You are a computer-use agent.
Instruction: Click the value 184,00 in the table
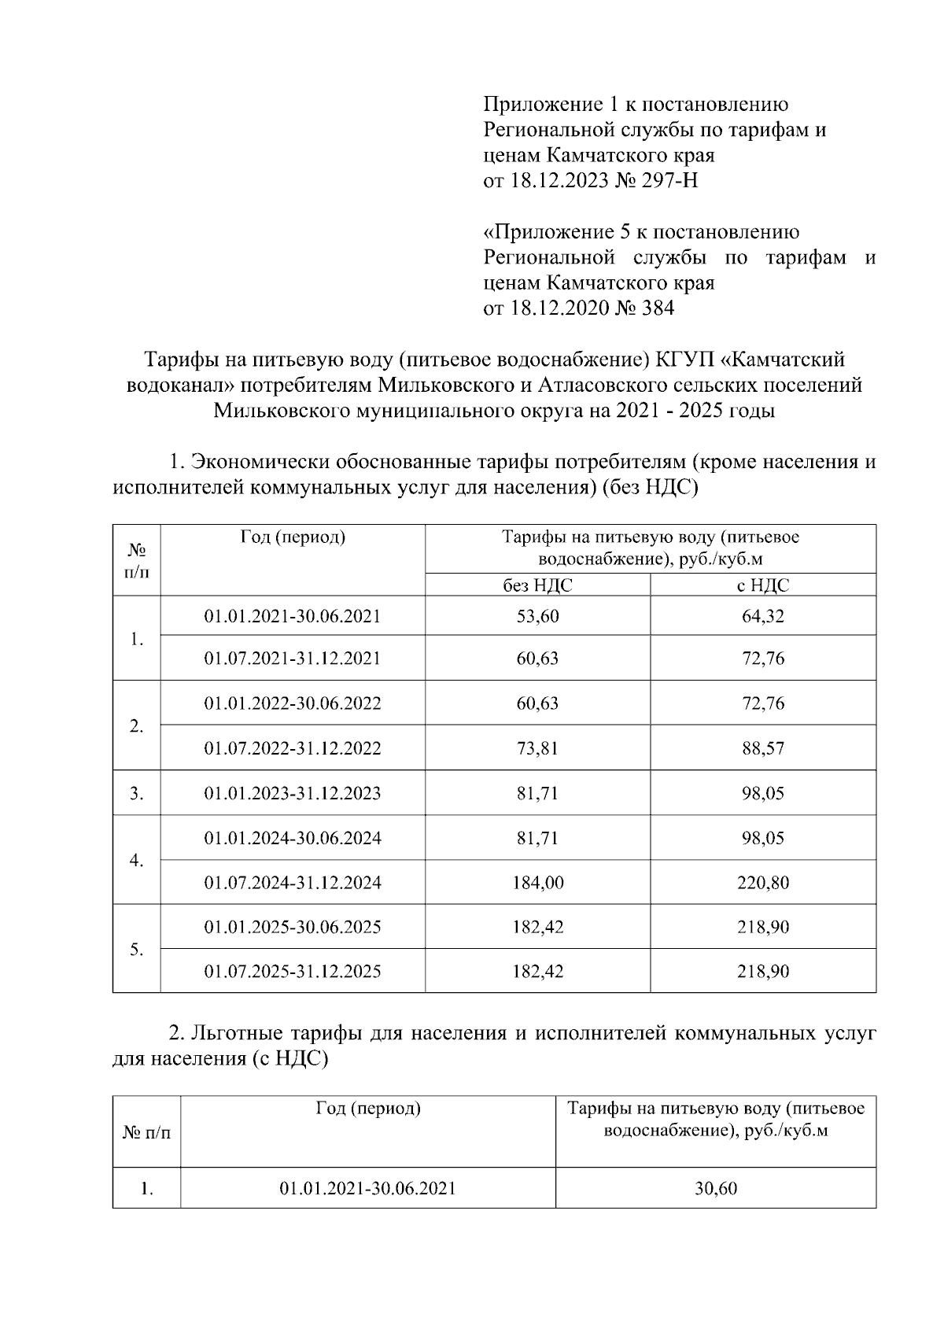tap(538, 883)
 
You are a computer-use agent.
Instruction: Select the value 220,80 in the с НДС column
tap(763, 883)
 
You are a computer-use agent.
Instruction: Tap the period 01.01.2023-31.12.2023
tap(293, 793)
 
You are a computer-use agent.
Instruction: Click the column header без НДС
tap(538, 585)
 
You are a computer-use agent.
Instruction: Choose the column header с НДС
tap(763, 585)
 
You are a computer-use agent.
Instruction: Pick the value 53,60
tap(538, 616)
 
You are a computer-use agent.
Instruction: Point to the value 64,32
tap(763, 616)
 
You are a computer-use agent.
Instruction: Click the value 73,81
tap(538, 748)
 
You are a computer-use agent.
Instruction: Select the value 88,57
tap(763, 748)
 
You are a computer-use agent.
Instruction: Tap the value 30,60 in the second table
tap(716, 1189)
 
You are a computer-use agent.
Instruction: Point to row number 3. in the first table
tap(137, 793)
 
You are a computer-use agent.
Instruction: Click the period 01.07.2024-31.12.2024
tap(293, 883)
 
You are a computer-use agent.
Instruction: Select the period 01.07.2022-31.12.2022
tap(293, 748)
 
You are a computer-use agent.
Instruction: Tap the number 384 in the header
tap(658, 308)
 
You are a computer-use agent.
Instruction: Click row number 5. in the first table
tap(137, 950)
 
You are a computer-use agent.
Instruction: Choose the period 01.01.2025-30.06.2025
tap(293, 928)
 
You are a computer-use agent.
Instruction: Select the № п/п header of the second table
tap(147, 1133)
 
